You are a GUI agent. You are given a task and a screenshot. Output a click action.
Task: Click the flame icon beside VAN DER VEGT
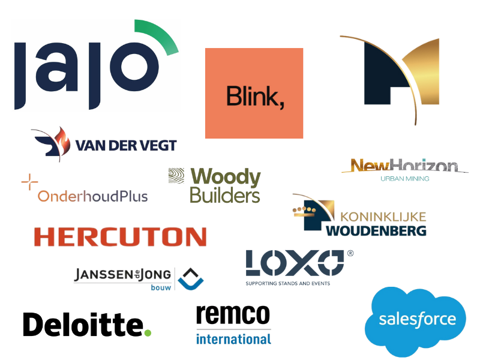[58, 140]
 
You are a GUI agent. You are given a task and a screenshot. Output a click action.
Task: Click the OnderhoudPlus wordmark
[92, 196]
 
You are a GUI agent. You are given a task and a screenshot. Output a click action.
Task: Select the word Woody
[225, 178]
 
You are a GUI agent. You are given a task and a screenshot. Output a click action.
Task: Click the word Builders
[224, 195]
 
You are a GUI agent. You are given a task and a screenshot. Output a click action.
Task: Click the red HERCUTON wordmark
[120, 236]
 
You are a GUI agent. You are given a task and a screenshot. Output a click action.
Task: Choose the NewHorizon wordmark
[406, 165]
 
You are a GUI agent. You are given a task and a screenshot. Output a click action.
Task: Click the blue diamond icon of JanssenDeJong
[190, 278]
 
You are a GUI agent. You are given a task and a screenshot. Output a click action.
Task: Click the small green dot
[148, 332]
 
